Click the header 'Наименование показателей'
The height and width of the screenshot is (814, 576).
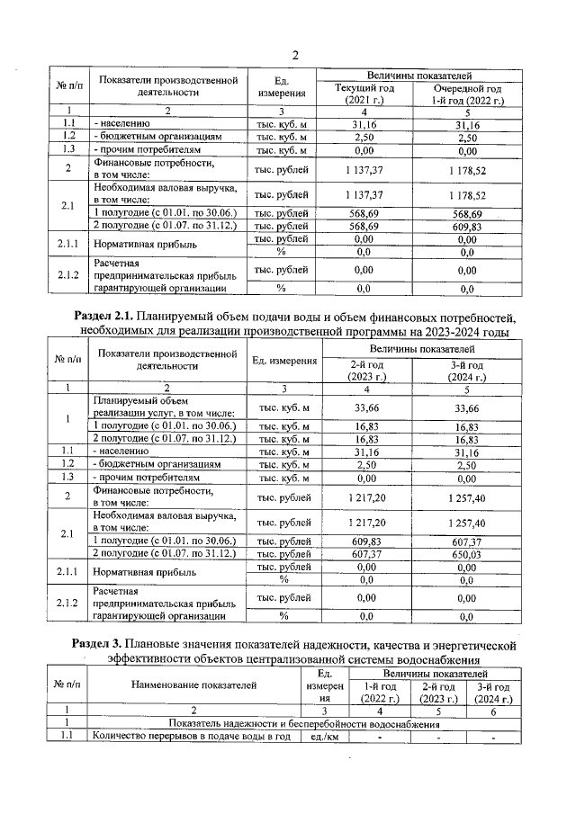(193, 685)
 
